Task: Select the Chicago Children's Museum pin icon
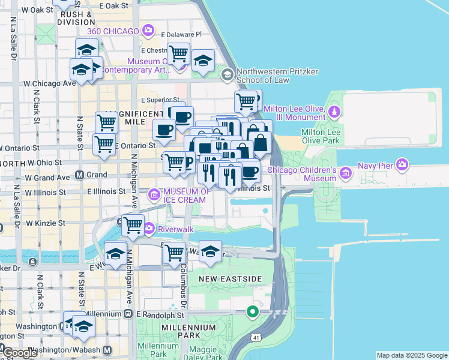tap(345, 174)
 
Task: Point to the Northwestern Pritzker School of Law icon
tap(227, 74)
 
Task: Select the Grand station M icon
tap(79, 175)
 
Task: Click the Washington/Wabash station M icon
tap(107, 350)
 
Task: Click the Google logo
tap(20, 353)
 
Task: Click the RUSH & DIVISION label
tap(76, 18)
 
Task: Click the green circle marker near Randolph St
tap(253, 311)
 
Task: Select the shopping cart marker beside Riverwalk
tap(133, 226)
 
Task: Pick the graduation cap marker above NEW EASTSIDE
tap(210, 251)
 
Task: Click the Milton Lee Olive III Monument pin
tap(335, 111)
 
